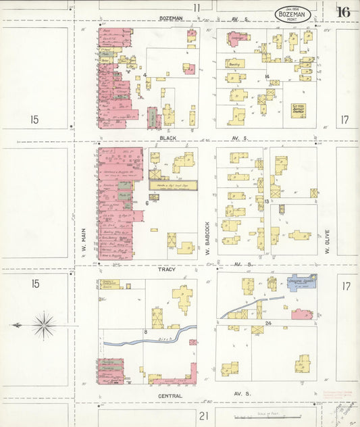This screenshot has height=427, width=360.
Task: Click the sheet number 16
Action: (x=344, y=11)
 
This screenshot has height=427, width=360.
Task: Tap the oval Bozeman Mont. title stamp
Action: (x=293, y=14)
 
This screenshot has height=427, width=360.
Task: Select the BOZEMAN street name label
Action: (x=172, y=18)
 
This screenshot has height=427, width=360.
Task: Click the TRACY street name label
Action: (x=167, y=270)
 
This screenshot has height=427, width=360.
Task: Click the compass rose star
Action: (x=43, y=325)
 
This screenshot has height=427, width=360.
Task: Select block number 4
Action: (x=145, y=75)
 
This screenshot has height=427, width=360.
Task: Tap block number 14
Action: (x=268, y=76)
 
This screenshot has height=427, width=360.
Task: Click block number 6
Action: (x=147, y=203)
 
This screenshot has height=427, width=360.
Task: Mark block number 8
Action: (x=145, y=332)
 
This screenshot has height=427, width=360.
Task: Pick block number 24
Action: (x=268, y=324)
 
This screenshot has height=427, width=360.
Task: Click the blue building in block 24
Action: (x=301, y=282)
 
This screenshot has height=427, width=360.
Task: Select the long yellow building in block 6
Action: (x=174, y=184)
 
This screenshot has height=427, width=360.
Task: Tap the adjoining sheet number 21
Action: (x=203, y=415)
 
